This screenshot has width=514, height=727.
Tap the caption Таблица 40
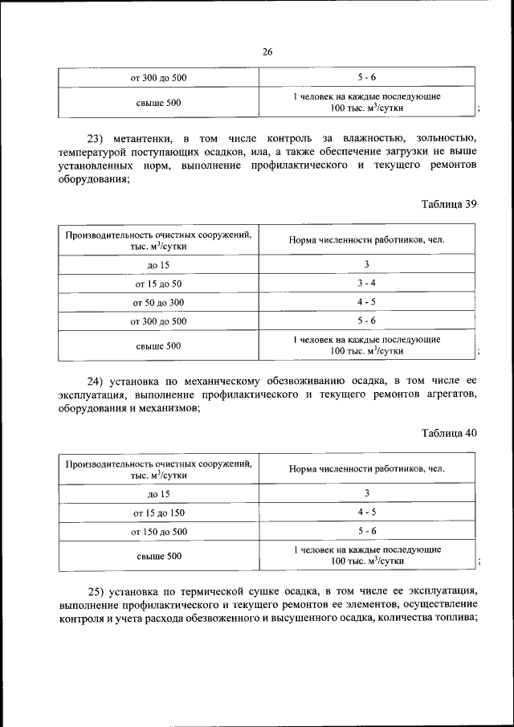pyautogui.click(x=449, y=433)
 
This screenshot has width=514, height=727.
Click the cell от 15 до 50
pyautogui.click(x=158, y=284)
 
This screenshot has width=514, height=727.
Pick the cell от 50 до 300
pyautogui.click(x=158, y=302)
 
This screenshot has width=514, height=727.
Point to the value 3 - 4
pyautogui.click(x=366, y=284)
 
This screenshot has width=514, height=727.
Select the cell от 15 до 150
pyautogui.click(x=158, y=513)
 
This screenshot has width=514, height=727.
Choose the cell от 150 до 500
pyautogui.click(x=158, y=532)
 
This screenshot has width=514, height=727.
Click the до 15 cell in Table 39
pyautogui.click(x=158, y=265)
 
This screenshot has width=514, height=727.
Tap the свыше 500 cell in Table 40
pyautogui.click(x=158, y=556)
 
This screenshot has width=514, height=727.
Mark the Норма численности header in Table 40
pyautogui.click(x=366, y=468)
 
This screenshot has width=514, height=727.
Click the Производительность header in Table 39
pyautogui.click(x=158, y=239)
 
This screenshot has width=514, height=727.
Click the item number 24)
pyautogui.click(x=97, y=381)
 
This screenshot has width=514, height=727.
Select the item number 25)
pyautogui.click(x=97, y=590)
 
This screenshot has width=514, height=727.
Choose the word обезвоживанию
pyautogui.click(x=300, y=381)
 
